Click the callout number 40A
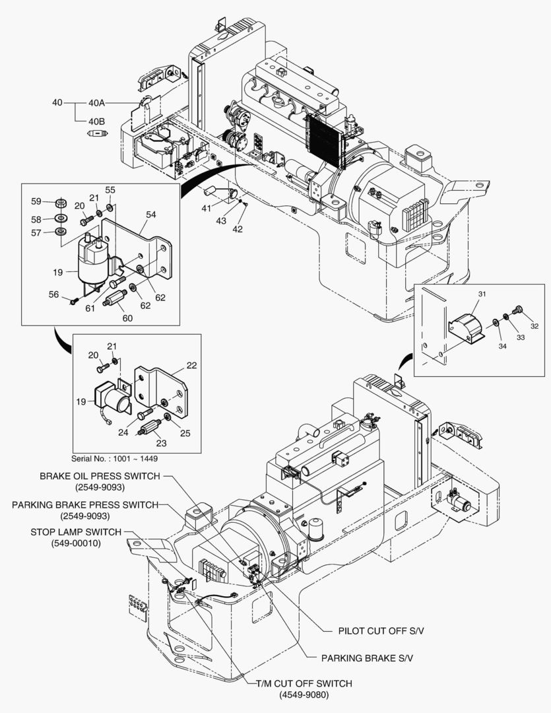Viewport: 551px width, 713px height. [x=96, y=103]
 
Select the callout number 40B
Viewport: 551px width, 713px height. [x=96, y=121]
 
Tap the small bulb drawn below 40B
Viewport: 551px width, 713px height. [x=97, y=133]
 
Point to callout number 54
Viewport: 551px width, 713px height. [x=151, y=214]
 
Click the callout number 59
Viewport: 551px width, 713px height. [x=36, y=201]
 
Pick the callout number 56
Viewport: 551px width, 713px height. [x=53, y=294]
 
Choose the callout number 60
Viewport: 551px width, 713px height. [x=127, y=318]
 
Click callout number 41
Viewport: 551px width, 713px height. [x=207, y=208]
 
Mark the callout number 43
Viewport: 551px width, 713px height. [x=221, y=221]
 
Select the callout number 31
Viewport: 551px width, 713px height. [x=482, y=294]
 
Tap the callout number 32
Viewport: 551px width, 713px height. [x=535, y=326]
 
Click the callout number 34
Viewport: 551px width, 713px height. [x=502, y=346]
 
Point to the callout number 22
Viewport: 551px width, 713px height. [x=191, y=365]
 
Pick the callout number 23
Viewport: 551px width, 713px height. [x=162, y=443]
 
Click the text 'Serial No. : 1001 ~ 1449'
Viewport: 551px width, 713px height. [x=115, y=458]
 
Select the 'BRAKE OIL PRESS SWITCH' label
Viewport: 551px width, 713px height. [x=100, y=476]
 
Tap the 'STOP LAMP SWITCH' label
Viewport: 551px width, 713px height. [x=76, y=532]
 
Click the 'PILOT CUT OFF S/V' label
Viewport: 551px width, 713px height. [x=382, y=631]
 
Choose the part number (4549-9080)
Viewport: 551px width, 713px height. [x=304, y=695]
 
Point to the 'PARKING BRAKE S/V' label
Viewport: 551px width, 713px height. [x=368, y=658]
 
